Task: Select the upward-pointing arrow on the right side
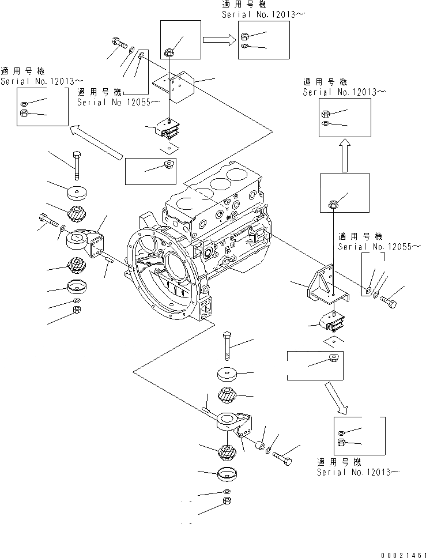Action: pyautogui.click(x=344, y=155)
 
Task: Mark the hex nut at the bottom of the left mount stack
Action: pyautogui.click(x=76, y=311)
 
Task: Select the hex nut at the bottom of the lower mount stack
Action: pyautogui.click(x=226, y=502)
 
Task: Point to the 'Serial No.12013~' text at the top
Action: pyautogui.click(x=263, y=14)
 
